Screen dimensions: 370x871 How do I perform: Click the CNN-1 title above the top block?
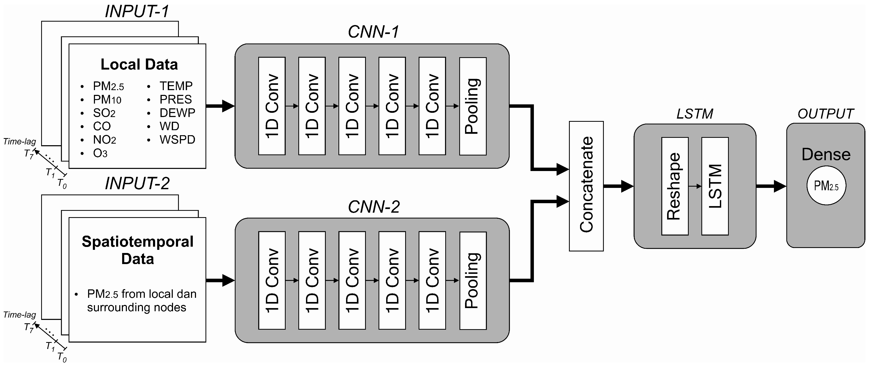(x=373, y=32)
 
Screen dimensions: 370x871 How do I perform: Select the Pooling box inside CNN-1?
(x=473, y=106)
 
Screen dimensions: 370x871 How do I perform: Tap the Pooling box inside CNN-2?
(x=473, y=280)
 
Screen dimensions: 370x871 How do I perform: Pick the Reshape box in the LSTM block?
(x=674, y=186)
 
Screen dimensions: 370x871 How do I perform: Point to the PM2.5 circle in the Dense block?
(x=826, y=186)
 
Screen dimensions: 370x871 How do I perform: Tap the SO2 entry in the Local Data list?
(x=104, y=113)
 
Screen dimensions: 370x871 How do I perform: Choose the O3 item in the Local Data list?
(x=100, y=153)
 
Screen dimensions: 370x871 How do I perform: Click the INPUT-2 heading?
(x=137, y=183)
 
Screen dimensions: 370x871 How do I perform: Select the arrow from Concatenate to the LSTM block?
(x=618, y=186)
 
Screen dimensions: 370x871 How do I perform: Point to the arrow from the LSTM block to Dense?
(x=770, y=186)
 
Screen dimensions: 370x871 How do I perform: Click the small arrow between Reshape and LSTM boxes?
(x=695, y=186)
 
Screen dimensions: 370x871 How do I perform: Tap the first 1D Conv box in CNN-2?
(x=272, y=280)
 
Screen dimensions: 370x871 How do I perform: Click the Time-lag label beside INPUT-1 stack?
(x=20, y=142)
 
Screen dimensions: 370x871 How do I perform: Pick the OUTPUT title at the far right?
(x=825, y=114)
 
